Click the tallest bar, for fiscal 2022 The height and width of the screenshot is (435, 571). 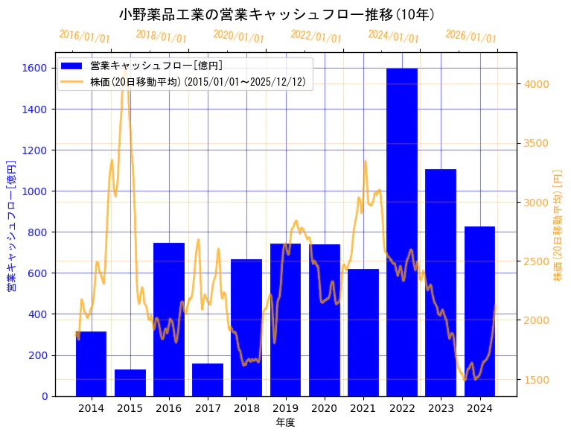(x=402, y=232)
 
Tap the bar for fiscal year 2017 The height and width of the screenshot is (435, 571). (x=208, y=379)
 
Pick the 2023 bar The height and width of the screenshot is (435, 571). (x=441, y=282)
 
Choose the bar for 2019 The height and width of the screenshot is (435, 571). (x=285, y=320)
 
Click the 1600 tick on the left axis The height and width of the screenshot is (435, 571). (x=36, y=69)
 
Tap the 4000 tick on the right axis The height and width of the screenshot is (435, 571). (x=537, y=83)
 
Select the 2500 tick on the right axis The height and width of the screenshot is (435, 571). (x=537, y=261)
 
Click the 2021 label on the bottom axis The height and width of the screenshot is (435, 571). (x=363, y=408)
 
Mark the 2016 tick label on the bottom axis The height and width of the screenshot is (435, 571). (x=169, y=408)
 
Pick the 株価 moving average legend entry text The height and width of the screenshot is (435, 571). (x=197, y=81)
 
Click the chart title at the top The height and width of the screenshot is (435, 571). (x=277, y=14)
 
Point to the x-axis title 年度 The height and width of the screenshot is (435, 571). (x=285, y=422)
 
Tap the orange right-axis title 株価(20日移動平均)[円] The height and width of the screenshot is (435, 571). (x=558, y=224)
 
